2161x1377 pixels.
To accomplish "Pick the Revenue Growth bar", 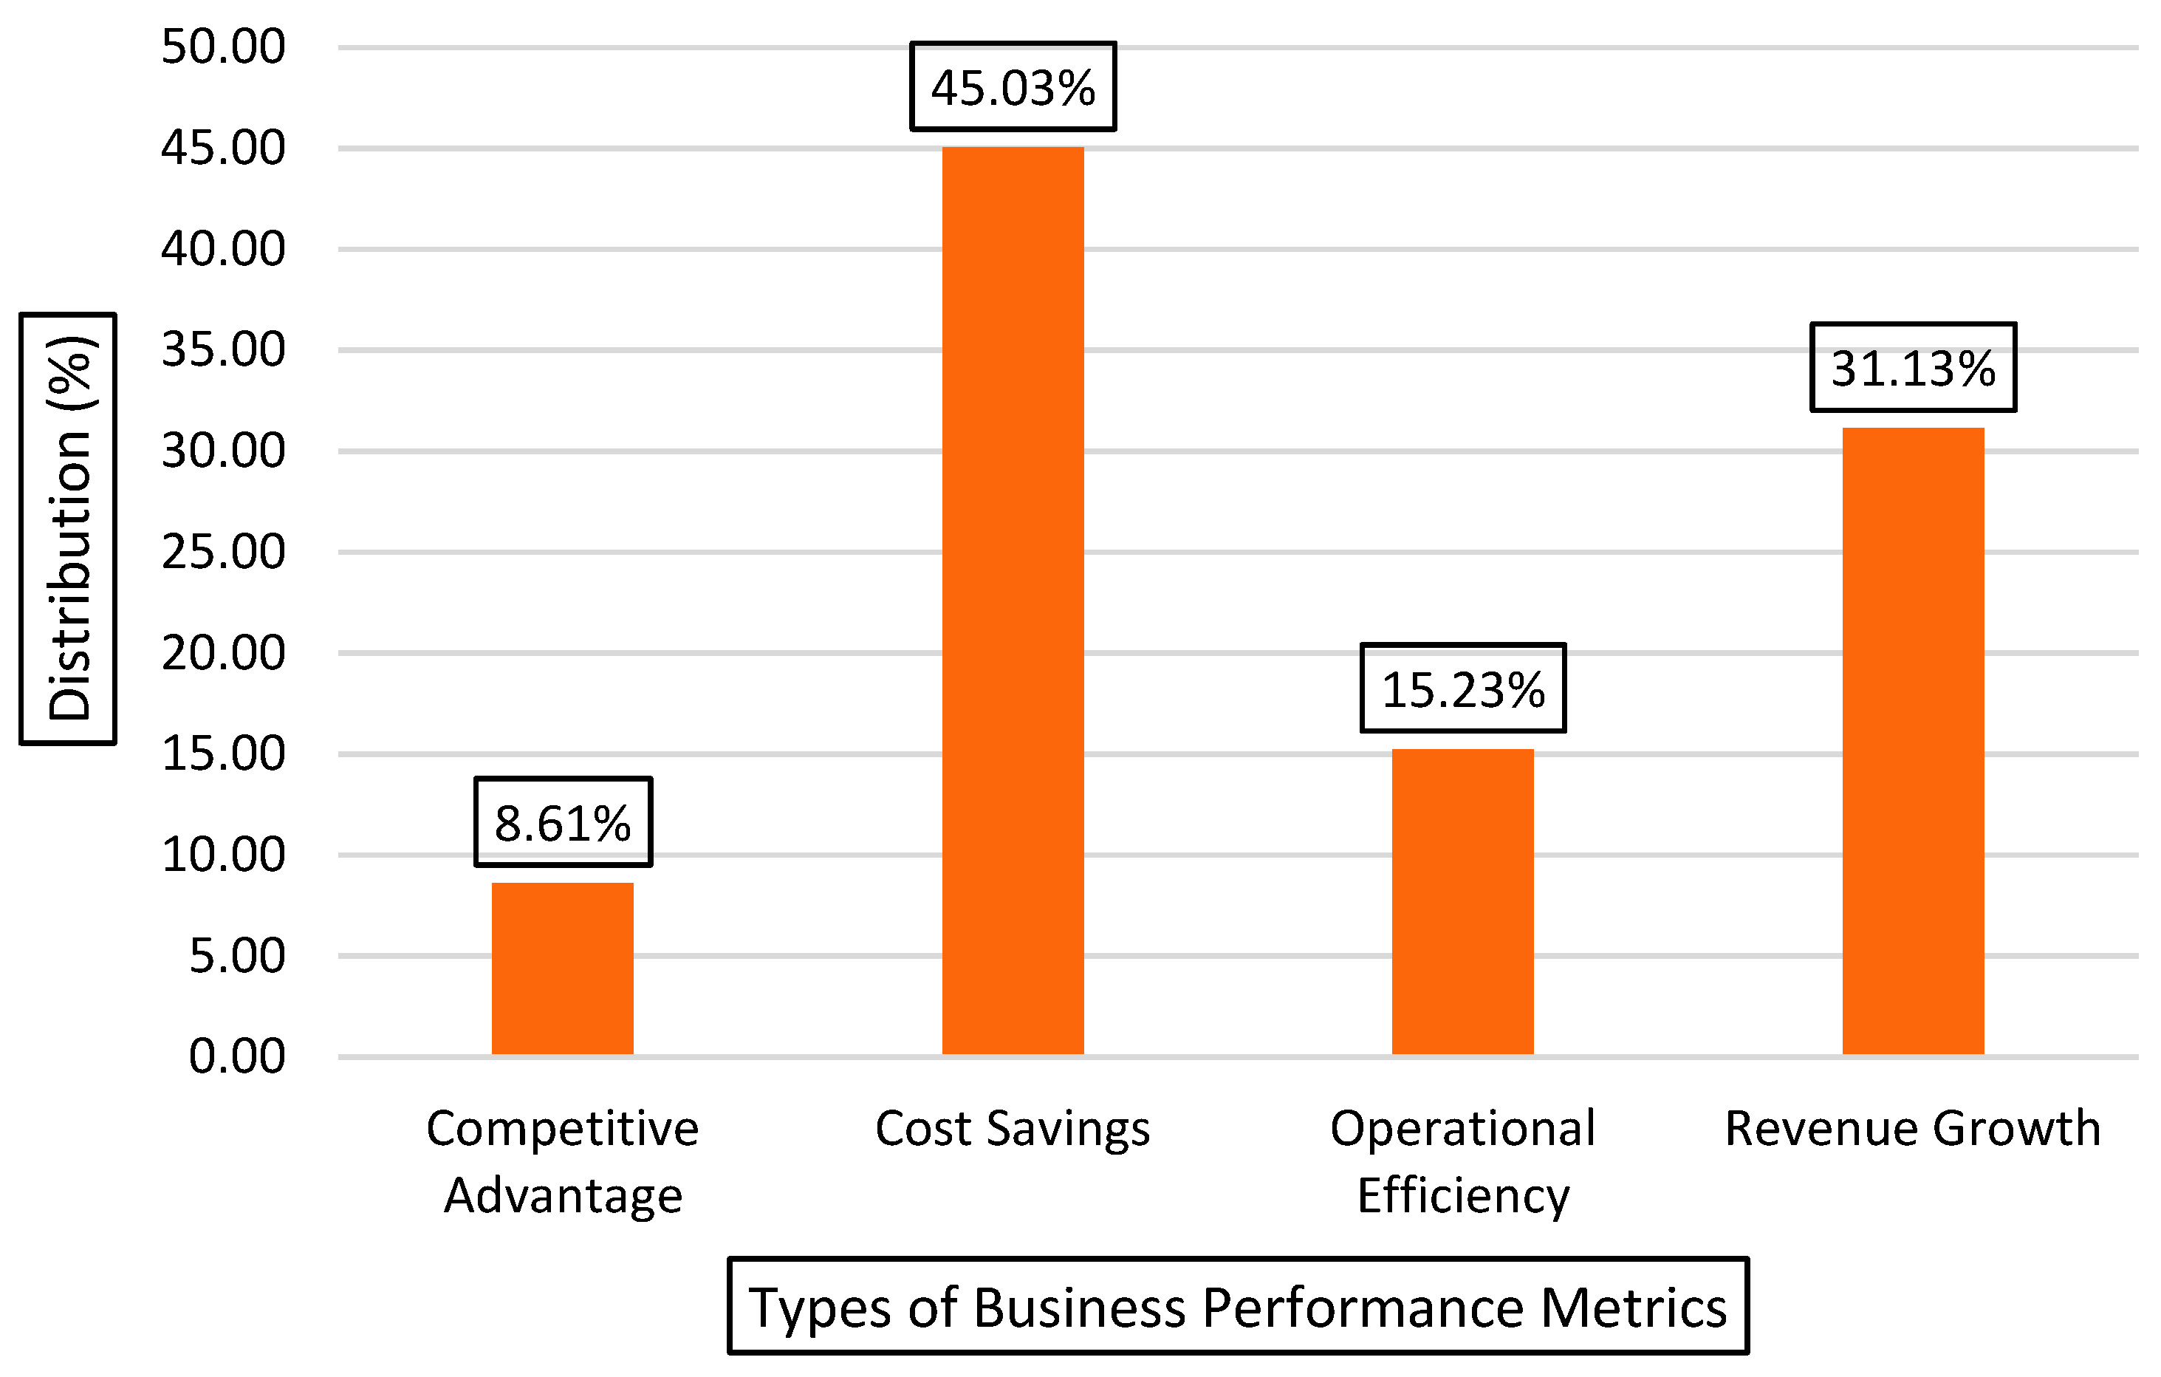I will point(1914,740).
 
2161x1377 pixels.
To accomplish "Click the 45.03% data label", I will point(1013,87).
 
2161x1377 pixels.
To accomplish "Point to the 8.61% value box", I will point(563,822).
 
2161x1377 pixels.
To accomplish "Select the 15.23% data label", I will point(1463,688).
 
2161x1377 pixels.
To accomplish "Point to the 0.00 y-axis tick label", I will point(237,1056).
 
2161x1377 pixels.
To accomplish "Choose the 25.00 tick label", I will point(222,551).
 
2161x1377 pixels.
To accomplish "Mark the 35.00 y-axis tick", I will point(222,349).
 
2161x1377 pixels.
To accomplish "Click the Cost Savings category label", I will point(1013,1128).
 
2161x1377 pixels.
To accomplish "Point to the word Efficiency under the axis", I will point(1463,1195).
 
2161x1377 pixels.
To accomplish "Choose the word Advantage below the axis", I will point(563,1195).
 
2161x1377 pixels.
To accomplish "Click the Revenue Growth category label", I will point(1912,1128).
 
